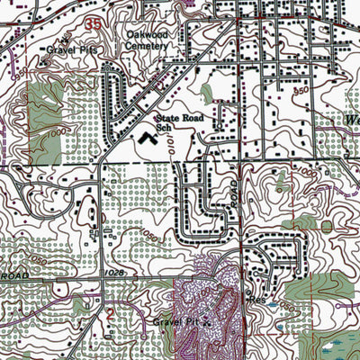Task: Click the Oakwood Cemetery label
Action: (147, 40)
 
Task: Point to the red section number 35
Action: (94, 21)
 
